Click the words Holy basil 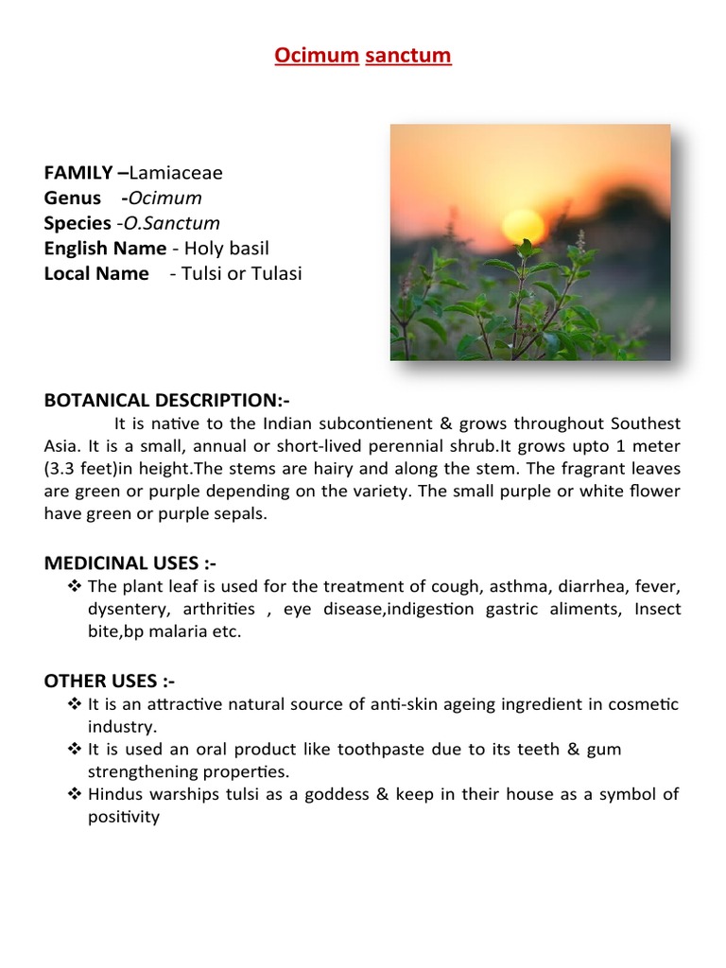tap(227, 249)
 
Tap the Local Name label tap(96, 274)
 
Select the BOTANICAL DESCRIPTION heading tap(166, 401)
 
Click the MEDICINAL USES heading tap(130, 563)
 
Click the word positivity tap(124, 817)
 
